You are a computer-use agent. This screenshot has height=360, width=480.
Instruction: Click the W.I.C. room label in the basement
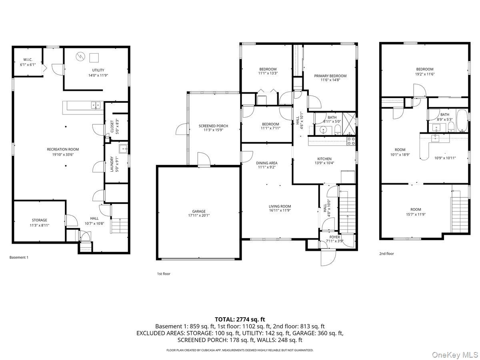[28, 60]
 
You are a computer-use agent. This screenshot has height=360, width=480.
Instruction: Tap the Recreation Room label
[63, 150]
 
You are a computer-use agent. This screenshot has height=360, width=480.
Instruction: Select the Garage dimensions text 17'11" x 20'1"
[199, 215]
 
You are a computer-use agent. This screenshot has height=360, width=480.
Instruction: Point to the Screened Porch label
[213, 126]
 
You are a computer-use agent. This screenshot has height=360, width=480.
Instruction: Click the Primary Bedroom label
[330, 76]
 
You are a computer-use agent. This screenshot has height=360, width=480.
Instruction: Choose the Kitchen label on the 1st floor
[324, 159]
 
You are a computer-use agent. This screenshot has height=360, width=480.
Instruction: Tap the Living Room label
[280, 206]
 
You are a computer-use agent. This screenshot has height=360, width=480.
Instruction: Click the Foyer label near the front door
[334, 237]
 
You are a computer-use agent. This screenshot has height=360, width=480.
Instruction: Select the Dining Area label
[266, 163]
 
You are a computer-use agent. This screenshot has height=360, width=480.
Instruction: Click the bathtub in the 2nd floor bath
[462, 120]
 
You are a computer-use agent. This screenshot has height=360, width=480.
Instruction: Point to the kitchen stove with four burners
[351, 141]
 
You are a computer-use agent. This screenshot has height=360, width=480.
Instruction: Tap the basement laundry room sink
[123, 149]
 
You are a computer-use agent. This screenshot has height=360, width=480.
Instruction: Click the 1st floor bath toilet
[338, 130]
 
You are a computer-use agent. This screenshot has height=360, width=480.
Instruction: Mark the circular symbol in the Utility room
[80, 57]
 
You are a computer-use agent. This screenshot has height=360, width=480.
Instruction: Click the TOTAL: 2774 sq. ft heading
[240, 319]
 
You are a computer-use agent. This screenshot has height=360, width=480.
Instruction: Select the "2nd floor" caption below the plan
[386, 254]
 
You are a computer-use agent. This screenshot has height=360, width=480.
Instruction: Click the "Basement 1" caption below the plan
[19, 257]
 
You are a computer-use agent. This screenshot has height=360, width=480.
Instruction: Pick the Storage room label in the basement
[39, 220]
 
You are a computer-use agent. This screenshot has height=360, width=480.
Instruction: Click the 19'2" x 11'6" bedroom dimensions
[425, 74]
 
